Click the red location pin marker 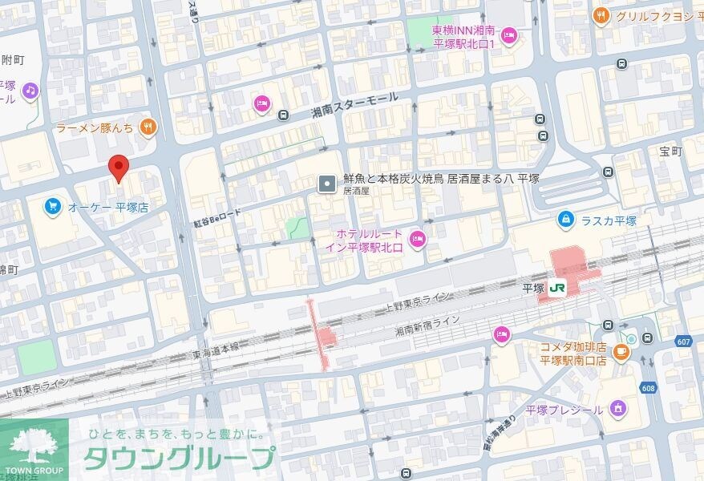point(119,168)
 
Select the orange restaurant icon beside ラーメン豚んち point(147,127)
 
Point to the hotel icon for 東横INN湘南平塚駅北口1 point(508,35)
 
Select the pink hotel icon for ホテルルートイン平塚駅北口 point(417,238)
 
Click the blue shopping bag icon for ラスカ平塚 point(566,220)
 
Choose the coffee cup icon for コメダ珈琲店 point(620,351)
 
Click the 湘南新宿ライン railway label point(427,325)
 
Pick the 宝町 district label point(670,152)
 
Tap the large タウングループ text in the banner point(178,459)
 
